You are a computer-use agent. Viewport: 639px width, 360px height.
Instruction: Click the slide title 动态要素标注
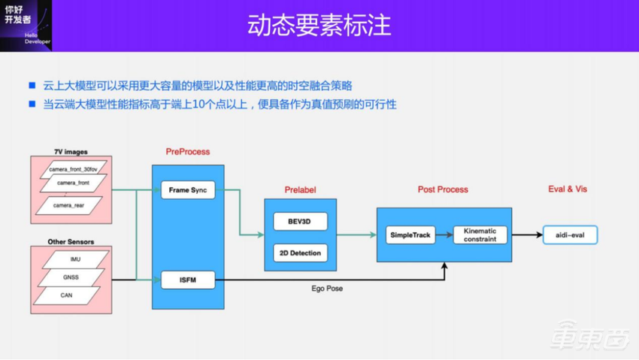pos(319,24)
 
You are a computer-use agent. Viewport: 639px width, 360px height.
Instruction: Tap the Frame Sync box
pos(188,190)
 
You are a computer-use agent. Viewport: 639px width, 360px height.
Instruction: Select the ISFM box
pos(188,281)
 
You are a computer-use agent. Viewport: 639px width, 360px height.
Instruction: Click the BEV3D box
pos(300,223)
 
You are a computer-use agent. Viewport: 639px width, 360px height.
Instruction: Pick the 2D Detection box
pos(300,253)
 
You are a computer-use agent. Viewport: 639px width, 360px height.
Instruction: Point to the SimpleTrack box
pos(410,235)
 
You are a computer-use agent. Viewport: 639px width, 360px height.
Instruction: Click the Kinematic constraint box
pos(480,235)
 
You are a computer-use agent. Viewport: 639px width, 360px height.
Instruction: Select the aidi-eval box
pos(574,235)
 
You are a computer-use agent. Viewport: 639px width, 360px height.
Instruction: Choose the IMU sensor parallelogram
pos(75,259)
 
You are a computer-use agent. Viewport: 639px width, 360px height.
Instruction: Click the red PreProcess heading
pos(188,152)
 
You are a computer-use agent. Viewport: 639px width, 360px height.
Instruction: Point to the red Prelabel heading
pos(300,189)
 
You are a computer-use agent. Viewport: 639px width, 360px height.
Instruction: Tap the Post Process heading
pos(443,189)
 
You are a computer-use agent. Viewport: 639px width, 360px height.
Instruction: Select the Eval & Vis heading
pos(567,189)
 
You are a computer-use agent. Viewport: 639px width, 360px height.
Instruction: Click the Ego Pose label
pos(327,289)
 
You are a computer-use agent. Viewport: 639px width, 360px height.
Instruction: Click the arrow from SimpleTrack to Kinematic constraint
pos(444,235)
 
